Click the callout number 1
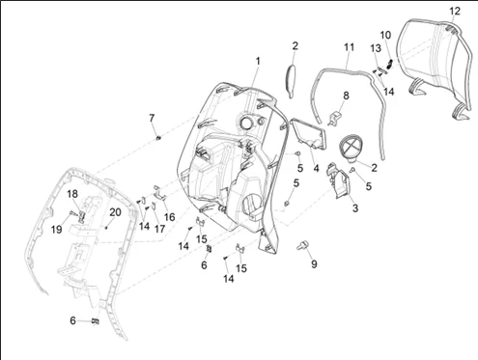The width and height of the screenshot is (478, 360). [x=258, y=61]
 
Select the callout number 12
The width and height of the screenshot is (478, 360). [x=455, y=12]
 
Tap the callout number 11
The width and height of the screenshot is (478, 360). [x=349, y=47]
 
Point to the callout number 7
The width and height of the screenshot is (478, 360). [x=152, y=118]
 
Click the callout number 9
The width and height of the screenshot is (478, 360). [x=314, y=264]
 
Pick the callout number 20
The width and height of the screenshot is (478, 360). [x=115, y=212]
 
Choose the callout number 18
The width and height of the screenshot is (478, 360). [x=72, y=194]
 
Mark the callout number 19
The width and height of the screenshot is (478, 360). [x=57, y=230]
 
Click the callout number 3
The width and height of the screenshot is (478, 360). [x=355, y=208]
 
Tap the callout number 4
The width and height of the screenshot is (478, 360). [x=317, y=168]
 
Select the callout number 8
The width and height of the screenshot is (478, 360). [x=346, y=96]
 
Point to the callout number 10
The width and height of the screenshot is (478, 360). [x=385, y=35]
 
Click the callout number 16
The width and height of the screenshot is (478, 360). [x=169, y=217]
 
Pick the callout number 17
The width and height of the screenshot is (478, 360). [x=159, y=229]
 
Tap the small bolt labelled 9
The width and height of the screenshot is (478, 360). [x=302, y=246]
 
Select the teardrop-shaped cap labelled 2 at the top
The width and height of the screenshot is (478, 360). [x=291, y=81]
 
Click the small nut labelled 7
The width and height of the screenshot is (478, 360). [x=158, y=138]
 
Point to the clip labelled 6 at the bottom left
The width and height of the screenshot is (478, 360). [x=96, y=321]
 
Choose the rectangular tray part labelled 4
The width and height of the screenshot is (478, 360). [x=308, y=134]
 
